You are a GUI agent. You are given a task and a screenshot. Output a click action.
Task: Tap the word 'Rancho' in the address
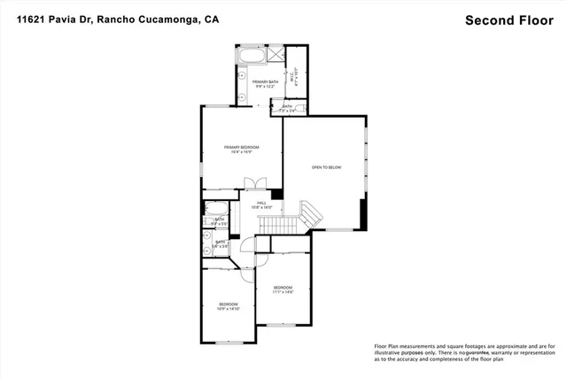coord(138,18)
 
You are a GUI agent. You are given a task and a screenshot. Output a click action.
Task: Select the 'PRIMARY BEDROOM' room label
coord(241,147)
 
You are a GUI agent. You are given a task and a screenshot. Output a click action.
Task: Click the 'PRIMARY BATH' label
coord(265,81)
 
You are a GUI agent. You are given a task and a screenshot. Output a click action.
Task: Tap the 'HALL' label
coord(261,203)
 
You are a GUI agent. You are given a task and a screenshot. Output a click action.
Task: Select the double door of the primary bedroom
coord(255,183)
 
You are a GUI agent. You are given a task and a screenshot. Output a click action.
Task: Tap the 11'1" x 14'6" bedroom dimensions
coord(283,292)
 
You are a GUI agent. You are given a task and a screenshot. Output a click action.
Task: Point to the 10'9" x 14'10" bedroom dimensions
coord(229,309)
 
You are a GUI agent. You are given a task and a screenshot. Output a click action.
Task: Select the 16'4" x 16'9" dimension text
coord(241,152)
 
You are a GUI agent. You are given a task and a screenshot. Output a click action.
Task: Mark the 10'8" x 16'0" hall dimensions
coord(261,207)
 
